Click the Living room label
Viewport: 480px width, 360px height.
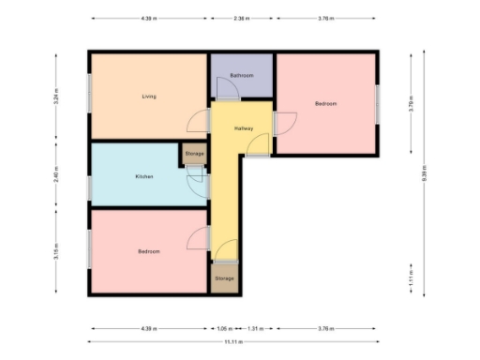(148, 97)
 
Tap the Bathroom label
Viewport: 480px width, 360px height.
(242, 75)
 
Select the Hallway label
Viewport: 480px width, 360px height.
(245, 128)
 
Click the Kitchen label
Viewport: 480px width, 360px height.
(143, 176)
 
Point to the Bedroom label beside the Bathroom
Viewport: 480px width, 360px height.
(325, 103)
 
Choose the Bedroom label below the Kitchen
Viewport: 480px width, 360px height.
(148, 251)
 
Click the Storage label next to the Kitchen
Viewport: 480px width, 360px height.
(194, 153)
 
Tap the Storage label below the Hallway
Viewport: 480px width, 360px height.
(224, 278)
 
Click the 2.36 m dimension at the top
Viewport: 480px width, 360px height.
(241, 17)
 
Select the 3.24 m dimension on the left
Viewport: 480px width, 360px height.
(58, 95)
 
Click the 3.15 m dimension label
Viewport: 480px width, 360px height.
(58, 250)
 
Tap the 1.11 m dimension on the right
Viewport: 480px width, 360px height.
(411, 279)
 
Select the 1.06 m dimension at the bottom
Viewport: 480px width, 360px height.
(223, 329)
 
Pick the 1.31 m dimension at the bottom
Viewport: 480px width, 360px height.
(255, 329)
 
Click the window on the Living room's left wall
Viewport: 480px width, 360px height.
(90, 95)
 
